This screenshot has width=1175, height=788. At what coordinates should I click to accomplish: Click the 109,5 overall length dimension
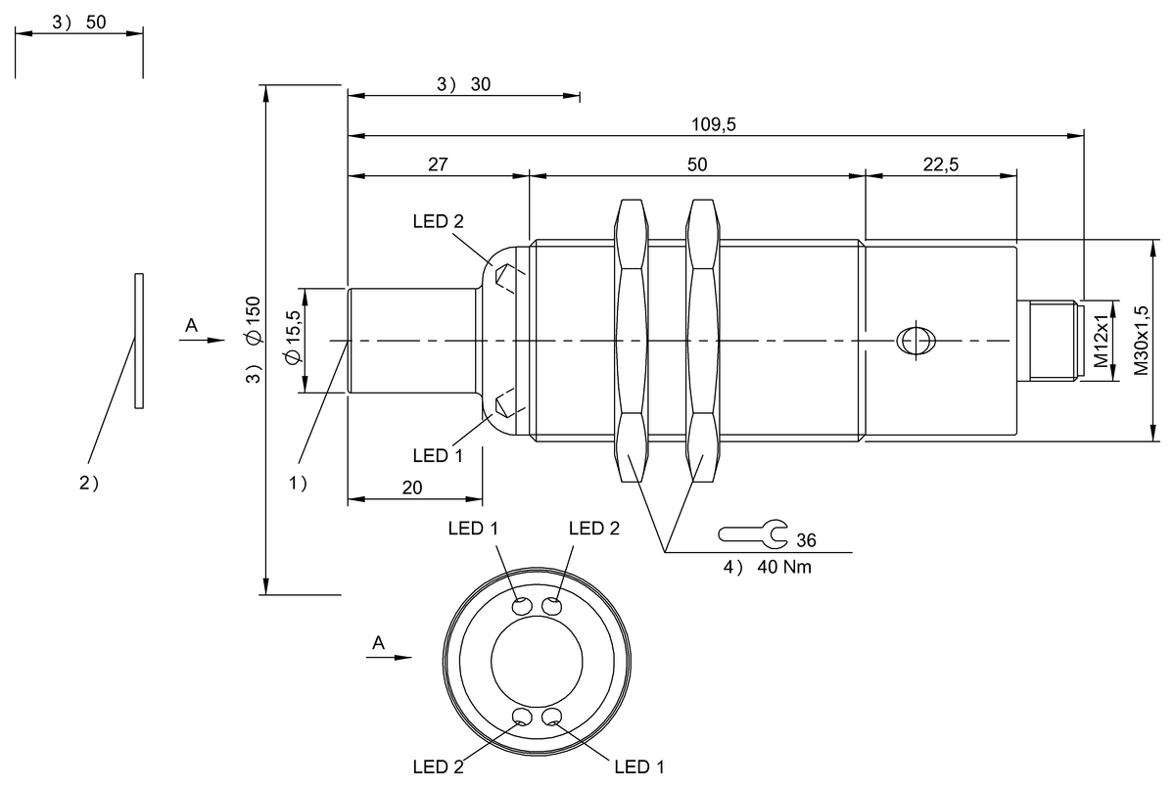tap(714, 124)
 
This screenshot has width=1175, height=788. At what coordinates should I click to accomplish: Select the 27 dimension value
tap(438, 164)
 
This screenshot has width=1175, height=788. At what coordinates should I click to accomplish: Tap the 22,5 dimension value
tap(941, 164)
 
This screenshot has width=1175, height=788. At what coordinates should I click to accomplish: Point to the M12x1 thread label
tap(1101, 341)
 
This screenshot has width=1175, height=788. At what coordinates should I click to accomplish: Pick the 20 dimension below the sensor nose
tap(412, 488)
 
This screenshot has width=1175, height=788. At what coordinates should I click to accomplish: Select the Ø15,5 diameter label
tap(293, 337)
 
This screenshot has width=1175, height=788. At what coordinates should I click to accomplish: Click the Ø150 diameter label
tap(254, 321)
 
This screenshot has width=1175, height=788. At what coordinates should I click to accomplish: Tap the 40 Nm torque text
tap(784, 567)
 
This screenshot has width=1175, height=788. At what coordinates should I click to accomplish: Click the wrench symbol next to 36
tap(753, 533)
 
